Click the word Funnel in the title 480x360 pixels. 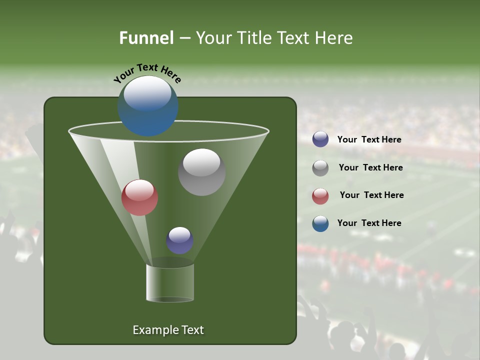coord(146,38)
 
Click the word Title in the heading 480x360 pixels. coord(254,38)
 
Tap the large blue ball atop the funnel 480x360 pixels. coord(148,106)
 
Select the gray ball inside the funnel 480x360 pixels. coord(201,172)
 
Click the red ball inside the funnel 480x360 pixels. coord(140,197)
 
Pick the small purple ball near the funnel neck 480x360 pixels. coord(179,240)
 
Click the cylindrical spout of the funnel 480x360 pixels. coord(170,282)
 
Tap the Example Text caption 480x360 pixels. coord(168,330)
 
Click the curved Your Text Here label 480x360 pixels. coord(147,73)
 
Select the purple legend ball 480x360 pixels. coord(320,139)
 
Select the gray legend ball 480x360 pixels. coord(320,168)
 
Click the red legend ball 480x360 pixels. coord(320,196)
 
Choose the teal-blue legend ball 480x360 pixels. coord(320,223)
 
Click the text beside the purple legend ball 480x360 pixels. coord(369,139)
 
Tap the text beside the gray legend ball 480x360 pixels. coord(370,167)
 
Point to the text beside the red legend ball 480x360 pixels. coord(371,195)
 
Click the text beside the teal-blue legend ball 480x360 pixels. coord(369,223)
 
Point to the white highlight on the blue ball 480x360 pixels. coord(147,93)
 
